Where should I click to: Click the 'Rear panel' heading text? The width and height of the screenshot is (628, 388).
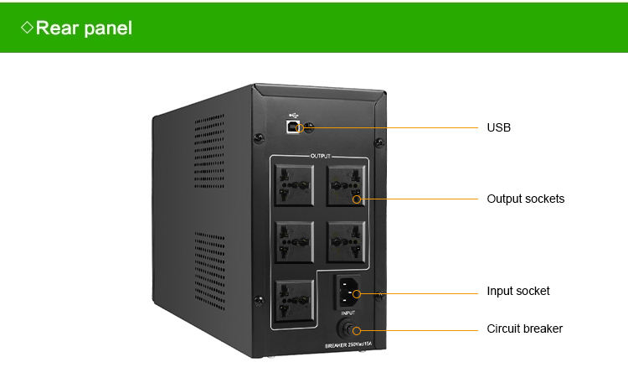coord(84,28)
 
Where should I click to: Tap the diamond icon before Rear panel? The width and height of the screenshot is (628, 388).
coord(27,28)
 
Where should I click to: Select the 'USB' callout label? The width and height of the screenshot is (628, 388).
coord(498,128)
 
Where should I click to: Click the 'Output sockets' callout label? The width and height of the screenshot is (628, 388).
coord(525,199)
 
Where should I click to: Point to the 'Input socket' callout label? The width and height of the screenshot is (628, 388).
coord(518,292)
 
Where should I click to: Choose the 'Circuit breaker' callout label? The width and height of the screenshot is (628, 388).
coord(524,329)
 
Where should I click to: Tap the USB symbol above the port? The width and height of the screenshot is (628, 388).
coord(293,114)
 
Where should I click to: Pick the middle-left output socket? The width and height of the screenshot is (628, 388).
coord(294,241)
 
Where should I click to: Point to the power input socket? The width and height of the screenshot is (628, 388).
coord(348,292)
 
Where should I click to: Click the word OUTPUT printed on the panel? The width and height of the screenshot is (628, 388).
coord(321,157)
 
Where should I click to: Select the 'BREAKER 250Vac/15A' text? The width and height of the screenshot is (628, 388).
coord(348,345)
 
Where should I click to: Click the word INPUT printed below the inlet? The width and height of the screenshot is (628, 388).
coord(348,313)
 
